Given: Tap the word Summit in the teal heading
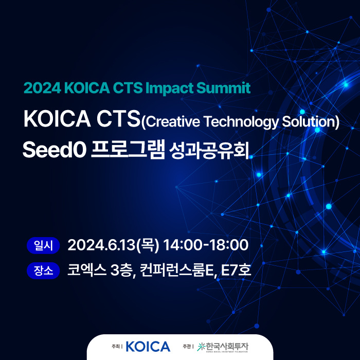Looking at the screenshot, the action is click(223, 88).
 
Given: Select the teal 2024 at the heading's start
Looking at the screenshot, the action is click(42, 88).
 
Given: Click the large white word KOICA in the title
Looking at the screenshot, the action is click(57, 119).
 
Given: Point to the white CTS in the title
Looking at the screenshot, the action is click(118, 119).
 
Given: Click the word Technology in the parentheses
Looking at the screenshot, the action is click(241, 122).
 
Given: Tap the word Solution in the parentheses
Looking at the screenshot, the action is click(309, 121).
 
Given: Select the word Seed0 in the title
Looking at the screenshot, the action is click(55, 150).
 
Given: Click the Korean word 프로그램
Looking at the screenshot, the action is click(128, 150).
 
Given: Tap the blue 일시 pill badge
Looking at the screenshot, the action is click(43, 245).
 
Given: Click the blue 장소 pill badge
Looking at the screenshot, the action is click(43, 271).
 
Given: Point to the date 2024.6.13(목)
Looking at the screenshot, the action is click(113, 245).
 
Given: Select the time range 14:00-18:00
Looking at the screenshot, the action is click(206, 245).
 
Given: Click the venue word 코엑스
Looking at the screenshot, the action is click(87, 270).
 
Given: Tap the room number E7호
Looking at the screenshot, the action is click(236, 270).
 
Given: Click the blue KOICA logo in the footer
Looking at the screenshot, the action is click(148, 347).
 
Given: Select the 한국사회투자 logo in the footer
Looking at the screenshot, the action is click(223, 347).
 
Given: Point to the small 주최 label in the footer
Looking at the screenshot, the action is click(116, 347).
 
